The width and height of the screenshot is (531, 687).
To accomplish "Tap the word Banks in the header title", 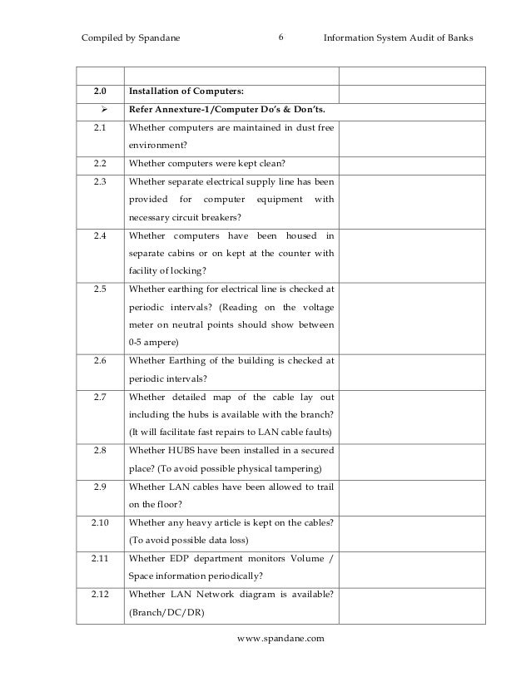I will pos(457,37).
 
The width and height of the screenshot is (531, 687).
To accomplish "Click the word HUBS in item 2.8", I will pos(187,451).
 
